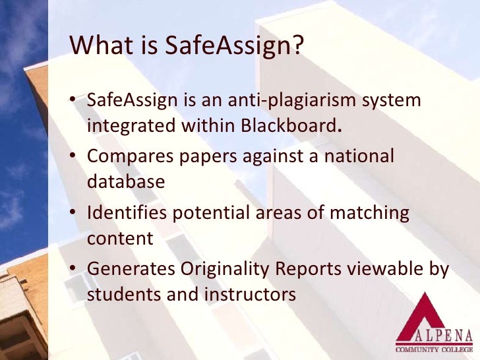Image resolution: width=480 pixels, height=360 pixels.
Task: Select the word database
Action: click(125, 181)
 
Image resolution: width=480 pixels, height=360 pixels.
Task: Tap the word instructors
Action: click(251, 294)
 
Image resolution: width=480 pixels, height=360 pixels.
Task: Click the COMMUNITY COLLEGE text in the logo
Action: click(435, 347)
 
